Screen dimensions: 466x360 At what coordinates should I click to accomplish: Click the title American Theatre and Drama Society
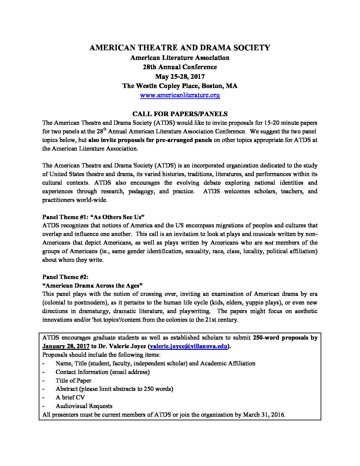pyautogui.click(x=180, y=48)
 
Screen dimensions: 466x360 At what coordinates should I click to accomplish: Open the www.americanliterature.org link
pyautogui.click(x=180, y=95)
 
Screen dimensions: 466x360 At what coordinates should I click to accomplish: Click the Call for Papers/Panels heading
pyautogui.click(x=180, y=114)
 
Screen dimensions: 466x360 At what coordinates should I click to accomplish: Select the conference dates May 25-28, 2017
pyautogui.click(x=180, y=76)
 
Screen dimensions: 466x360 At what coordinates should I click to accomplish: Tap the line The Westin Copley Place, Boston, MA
pyautogui.click(x=180, y=86)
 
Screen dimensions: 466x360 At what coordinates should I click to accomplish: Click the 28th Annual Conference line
pyautogui.click(x=180, y=67)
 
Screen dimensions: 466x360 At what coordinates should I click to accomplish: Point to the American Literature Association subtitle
pyautogui.click(x=180, y=58)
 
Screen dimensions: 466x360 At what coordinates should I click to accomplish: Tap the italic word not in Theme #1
pyautogui.click(x=269, y=243)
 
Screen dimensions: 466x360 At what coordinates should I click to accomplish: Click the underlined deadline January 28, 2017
pyautogui.click(x=66, y=347)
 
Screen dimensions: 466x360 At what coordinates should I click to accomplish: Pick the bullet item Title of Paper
pyautogui.click(x=73, y=381)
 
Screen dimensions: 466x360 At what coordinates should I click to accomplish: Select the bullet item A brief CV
pyautogui.click(x=70, y=397)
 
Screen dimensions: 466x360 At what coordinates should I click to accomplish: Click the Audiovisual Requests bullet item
pyautogui.click(x=84, y=406)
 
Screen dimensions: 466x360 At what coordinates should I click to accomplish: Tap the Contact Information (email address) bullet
pyautogui.click(x=103, y=372)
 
